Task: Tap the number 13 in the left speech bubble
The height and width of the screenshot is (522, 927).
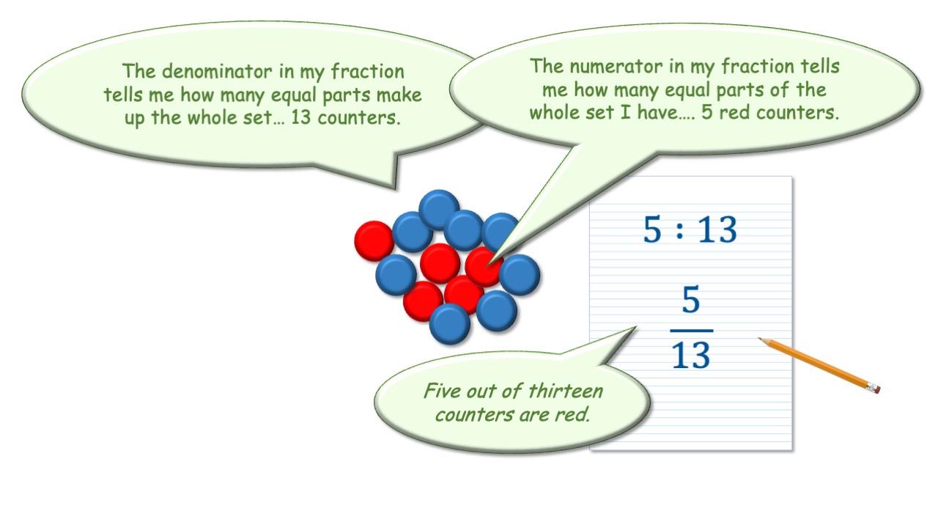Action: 301,117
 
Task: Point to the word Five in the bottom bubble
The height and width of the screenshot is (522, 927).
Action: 443,390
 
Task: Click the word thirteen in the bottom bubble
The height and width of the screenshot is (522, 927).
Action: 566,391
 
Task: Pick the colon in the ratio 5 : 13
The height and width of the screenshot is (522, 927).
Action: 679,229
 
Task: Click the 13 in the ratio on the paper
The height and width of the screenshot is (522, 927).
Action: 718,229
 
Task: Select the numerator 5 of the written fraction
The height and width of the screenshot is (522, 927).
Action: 691,298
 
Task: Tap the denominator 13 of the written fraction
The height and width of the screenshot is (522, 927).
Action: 691,355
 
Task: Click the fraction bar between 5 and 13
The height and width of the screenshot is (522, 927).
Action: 692,331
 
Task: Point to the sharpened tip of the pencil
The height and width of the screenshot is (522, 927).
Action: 758,338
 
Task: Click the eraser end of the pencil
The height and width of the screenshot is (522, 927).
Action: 874,389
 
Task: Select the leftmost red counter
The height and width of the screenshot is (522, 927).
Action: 374,241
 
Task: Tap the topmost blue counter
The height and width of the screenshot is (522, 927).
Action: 439,209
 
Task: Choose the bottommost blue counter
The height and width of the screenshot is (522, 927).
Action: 449,324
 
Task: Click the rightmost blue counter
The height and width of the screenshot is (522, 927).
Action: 520,275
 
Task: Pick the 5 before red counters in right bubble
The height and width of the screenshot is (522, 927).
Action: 707,113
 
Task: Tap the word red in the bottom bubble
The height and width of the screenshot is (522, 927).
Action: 572,414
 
